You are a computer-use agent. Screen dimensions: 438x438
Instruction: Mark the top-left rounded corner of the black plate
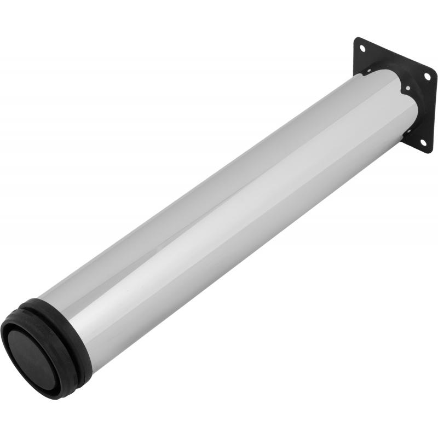[358, 40]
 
